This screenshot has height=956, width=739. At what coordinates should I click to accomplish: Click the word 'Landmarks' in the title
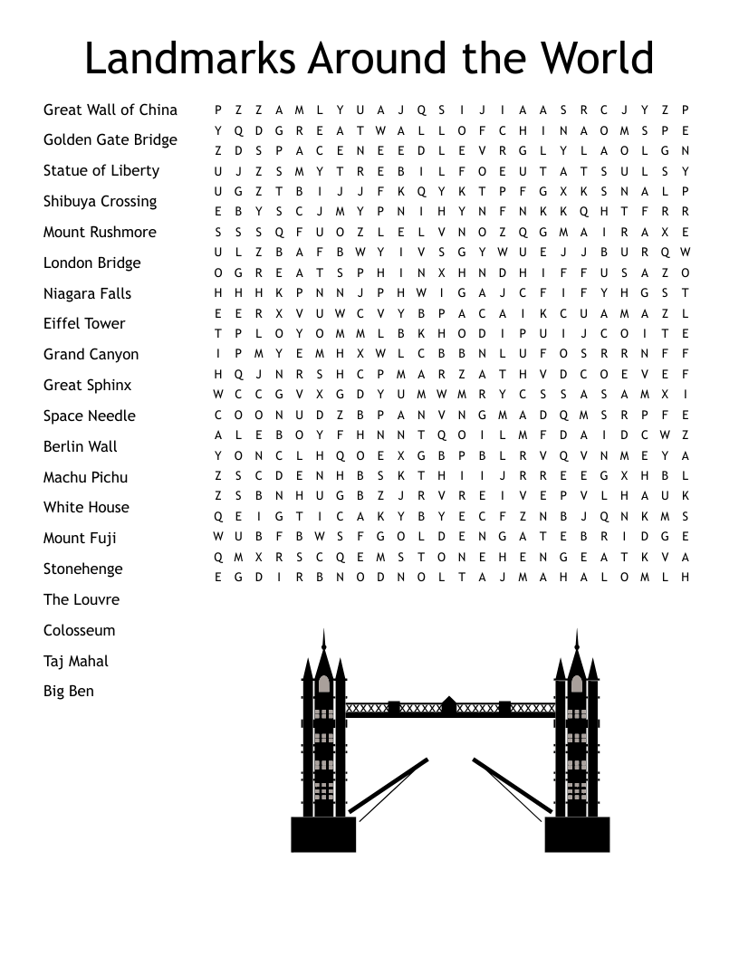(x=190, y=59)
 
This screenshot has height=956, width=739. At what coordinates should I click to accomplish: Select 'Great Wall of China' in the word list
(x=110, y=110)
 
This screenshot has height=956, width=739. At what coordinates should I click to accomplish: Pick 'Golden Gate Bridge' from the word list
(x=110, y=139)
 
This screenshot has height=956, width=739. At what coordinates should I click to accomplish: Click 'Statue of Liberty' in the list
(x=101, y=170)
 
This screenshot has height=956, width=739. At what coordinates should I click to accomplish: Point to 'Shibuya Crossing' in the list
(x=100, y=201)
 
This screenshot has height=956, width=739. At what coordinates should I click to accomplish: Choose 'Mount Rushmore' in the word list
(x=100, y=232)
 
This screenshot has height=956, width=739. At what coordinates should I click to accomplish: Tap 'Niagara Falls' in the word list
(x=87, y=293)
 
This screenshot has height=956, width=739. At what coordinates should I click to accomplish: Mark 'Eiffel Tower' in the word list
(x=84, y=323)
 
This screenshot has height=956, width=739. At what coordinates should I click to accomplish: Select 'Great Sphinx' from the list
(x=87, y=385)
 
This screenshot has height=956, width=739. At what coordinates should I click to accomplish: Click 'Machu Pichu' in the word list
(x=85, y=477)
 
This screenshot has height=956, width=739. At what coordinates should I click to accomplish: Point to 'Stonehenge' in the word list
(x=82, y=569)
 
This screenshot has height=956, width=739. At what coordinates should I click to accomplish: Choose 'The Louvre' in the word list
(x=81, y=599)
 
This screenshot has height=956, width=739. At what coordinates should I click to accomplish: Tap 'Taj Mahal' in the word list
(x=75, y=661)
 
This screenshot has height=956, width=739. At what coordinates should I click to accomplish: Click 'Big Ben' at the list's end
(x=68, y=691)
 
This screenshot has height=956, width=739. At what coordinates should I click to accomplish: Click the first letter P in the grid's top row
(x=218, y=110)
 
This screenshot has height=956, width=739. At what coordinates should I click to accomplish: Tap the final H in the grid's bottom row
(x=686, y=577)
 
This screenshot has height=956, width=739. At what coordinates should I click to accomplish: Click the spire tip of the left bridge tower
(x=323, y=632)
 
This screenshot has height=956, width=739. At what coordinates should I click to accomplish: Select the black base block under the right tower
(x=577, y=834)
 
